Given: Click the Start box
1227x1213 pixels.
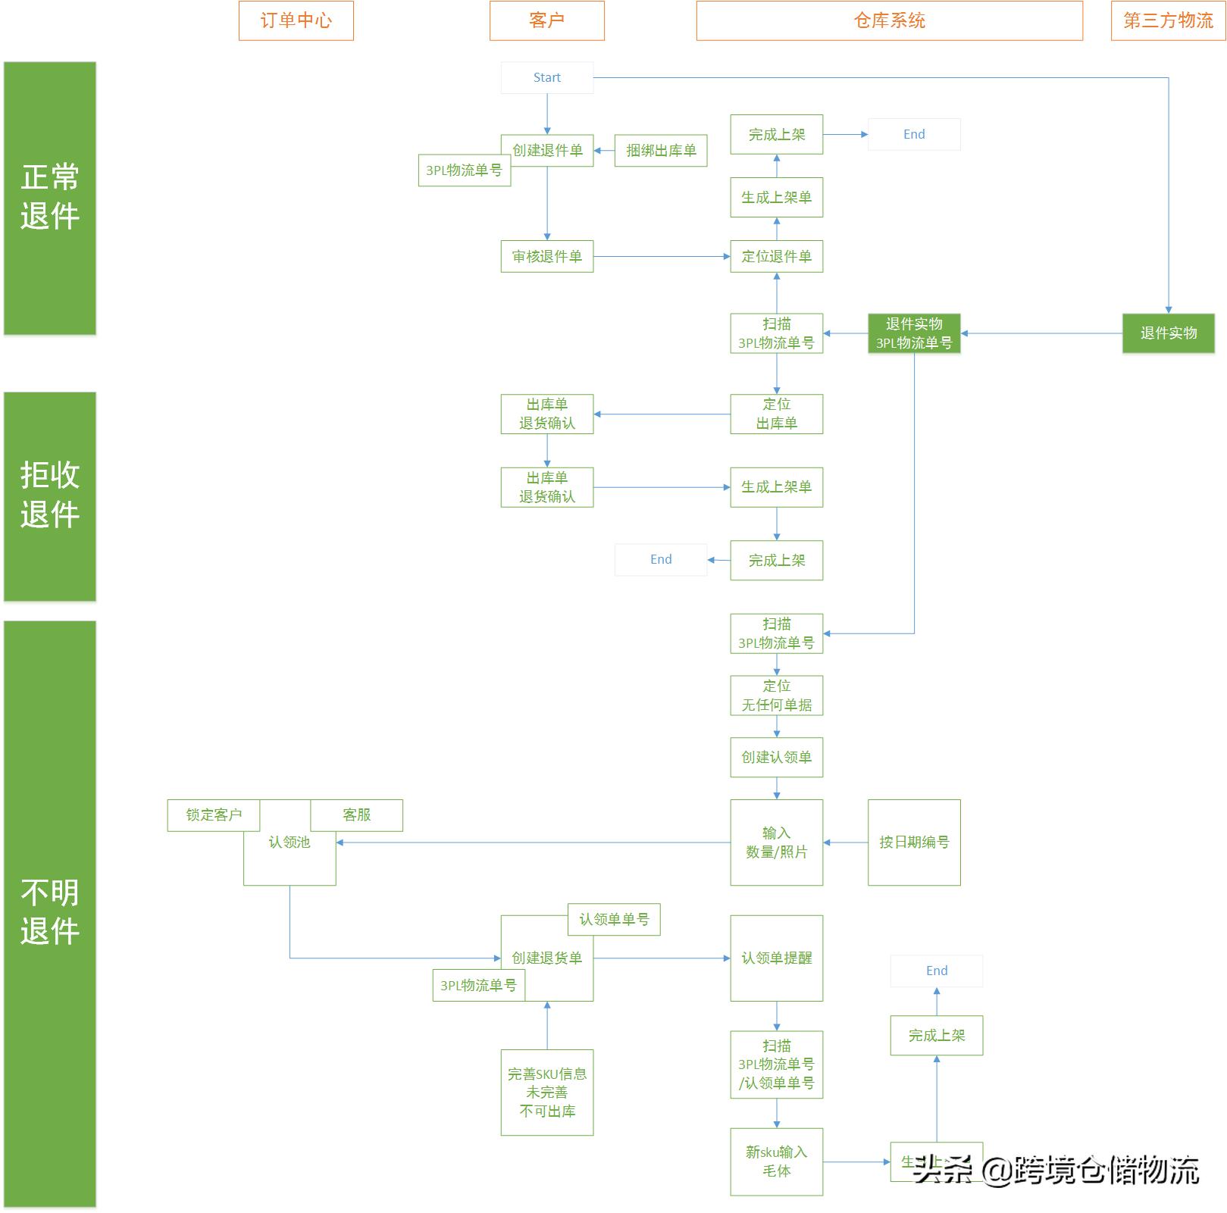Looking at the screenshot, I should point(546,78).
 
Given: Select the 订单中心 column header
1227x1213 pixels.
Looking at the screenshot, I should point(296,20).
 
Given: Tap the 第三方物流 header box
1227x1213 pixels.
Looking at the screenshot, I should point(1167,20).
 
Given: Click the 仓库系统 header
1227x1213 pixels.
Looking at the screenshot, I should point(889,20).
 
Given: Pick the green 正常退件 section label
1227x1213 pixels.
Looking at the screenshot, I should point(50,198).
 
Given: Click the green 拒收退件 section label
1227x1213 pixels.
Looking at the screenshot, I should point(50,496).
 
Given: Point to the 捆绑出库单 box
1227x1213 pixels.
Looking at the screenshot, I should point(660,151).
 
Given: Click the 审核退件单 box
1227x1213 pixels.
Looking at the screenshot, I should point(546,257).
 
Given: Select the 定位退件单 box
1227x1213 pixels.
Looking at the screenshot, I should point(776,257).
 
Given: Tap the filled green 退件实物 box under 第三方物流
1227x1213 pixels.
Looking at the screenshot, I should point(1168,333).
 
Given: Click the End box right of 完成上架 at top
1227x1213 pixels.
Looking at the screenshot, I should point(913,134).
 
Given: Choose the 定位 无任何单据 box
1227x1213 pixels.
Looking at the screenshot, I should point(776,696).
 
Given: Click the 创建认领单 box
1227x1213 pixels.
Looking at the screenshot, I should point(776,757).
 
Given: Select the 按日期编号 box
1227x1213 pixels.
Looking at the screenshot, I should point(913,843).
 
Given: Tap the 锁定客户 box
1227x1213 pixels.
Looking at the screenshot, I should point(213,815).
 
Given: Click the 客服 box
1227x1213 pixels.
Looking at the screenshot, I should point(356,815).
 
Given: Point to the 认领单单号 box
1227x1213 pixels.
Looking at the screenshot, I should point(614,920).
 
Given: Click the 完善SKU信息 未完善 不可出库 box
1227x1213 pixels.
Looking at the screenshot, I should point(546,1093).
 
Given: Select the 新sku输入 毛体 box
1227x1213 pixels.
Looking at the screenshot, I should point(776,1161).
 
